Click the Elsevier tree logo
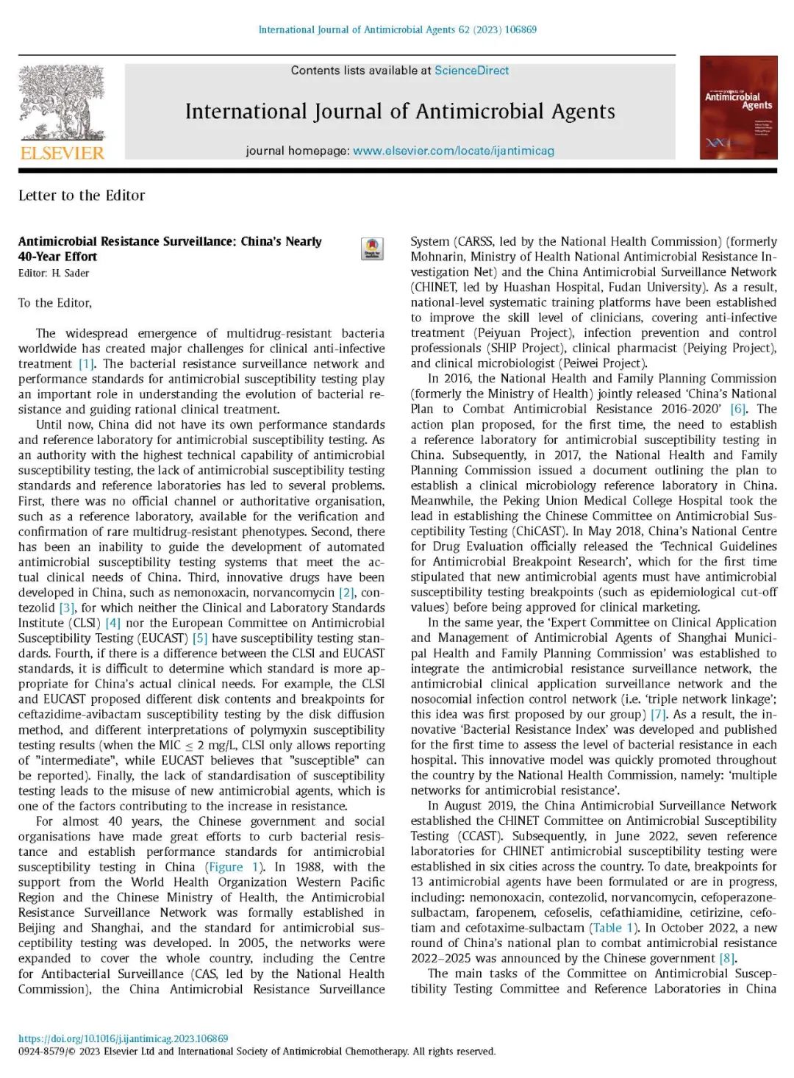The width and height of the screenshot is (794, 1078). tap(62, 102)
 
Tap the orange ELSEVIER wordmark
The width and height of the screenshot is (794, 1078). tap(62, 153)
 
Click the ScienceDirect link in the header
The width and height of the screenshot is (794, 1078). tap(471, 71)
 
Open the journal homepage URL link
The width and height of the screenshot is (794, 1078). tap(453, 151)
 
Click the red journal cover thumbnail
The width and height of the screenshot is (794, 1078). tap(738, 107)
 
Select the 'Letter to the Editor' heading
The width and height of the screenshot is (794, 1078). tap(82, 196)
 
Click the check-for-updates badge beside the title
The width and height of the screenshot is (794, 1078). tap(372, 249)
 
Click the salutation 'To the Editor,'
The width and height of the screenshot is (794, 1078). tap(55, 303)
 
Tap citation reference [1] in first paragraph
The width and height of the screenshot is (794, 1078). tap(87, 364)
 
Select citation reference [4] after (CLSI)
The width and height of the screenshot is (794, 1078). tap(112, 623)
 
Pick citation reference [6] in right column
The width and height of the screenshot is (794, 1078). tap(738, 409)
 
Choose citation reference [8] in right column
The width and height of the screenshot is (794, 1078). tap(727, 958)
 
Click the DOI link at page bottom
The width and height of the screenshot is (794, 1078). tap(123, 1038)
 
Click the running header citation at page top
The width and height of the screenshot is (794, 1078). tap(397, 30)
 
